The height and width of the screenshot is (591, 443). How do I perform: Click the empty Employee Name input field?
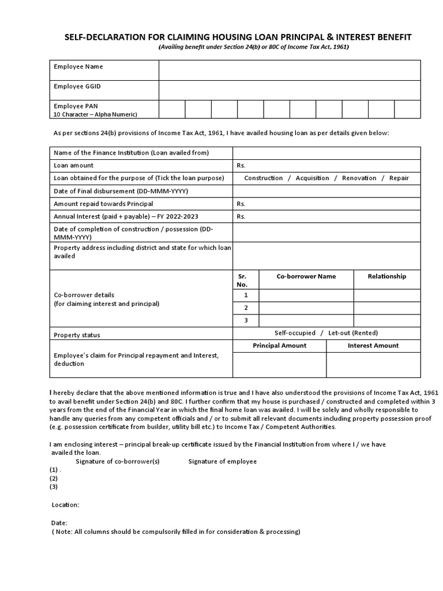pos(290,70)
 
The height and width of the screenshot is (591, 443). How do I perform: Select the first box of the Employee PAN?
pos(172,109)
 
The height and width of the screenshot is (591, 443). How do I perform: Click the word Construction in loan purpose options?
pos(264,178)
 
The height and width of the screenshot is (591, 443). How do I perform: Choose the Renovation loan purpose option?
pos(359,178)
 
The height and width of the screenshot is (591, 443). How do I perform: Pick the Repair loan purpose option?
pos(399,178)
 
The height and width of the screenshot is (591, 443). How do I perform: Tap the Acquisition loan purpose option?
pos(312,178)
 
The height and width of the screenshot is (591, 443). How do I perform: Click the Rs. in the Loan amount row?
pos(241,166)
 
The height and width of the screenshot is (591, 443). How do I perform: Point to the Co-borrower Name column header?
pos(306,276)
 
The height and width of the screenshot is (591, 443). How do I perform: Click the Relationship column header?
pos(386,276)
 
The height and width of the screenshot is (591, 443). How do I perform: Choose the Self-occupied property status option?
pos(295,333)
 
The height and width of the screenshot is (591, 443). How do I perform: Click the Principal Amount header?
pos(280,346)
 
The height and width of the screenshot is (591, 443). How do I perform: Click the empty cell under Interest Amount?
pos(373,365)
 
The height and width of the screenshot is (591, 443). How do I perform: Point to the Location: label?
pos(66,505)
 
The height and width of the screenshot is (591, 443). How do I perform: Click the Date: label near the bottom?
pos(59,522)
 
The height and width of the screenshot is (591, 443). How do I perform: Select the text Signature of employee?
pos(223,462)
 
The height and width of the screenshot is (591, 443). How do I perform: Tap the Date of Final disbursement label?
pos(121,191)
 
